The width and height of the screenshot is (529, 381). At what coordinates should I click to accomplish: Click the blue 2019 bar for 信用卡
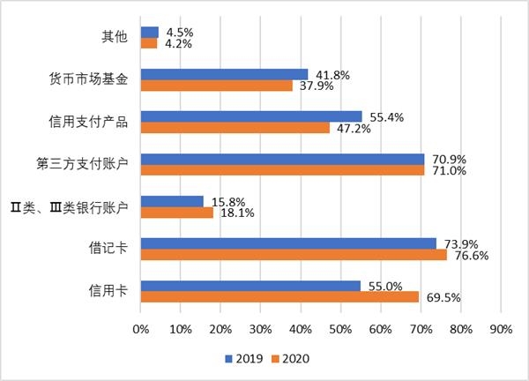point(250,286)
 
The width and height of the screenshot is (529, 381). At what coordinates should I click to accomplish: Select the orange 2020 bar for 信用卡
point(279,297)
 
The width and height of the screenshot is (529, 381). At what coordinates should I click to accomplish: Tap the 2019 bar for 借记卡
point(288,243)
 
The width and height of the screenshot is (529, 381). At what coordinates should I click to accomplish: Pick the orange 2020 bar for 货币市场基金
point(217,86)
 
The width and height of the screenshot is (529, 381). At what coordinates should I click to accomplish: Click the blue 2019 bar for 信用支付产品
point(251,116)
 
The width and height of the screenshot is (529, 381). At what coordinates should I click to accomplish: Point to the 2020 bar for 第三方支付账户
point(282,170)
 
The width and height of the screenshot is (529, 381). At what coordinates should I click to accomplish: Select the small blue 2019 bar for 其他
point(149,32)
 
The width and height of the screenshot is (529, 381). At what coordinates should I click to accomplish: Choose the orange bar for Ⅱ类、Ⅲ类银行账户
point(176,213)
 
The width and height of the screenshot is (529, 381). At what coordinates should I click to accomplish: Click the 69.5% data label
point(444,298)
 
